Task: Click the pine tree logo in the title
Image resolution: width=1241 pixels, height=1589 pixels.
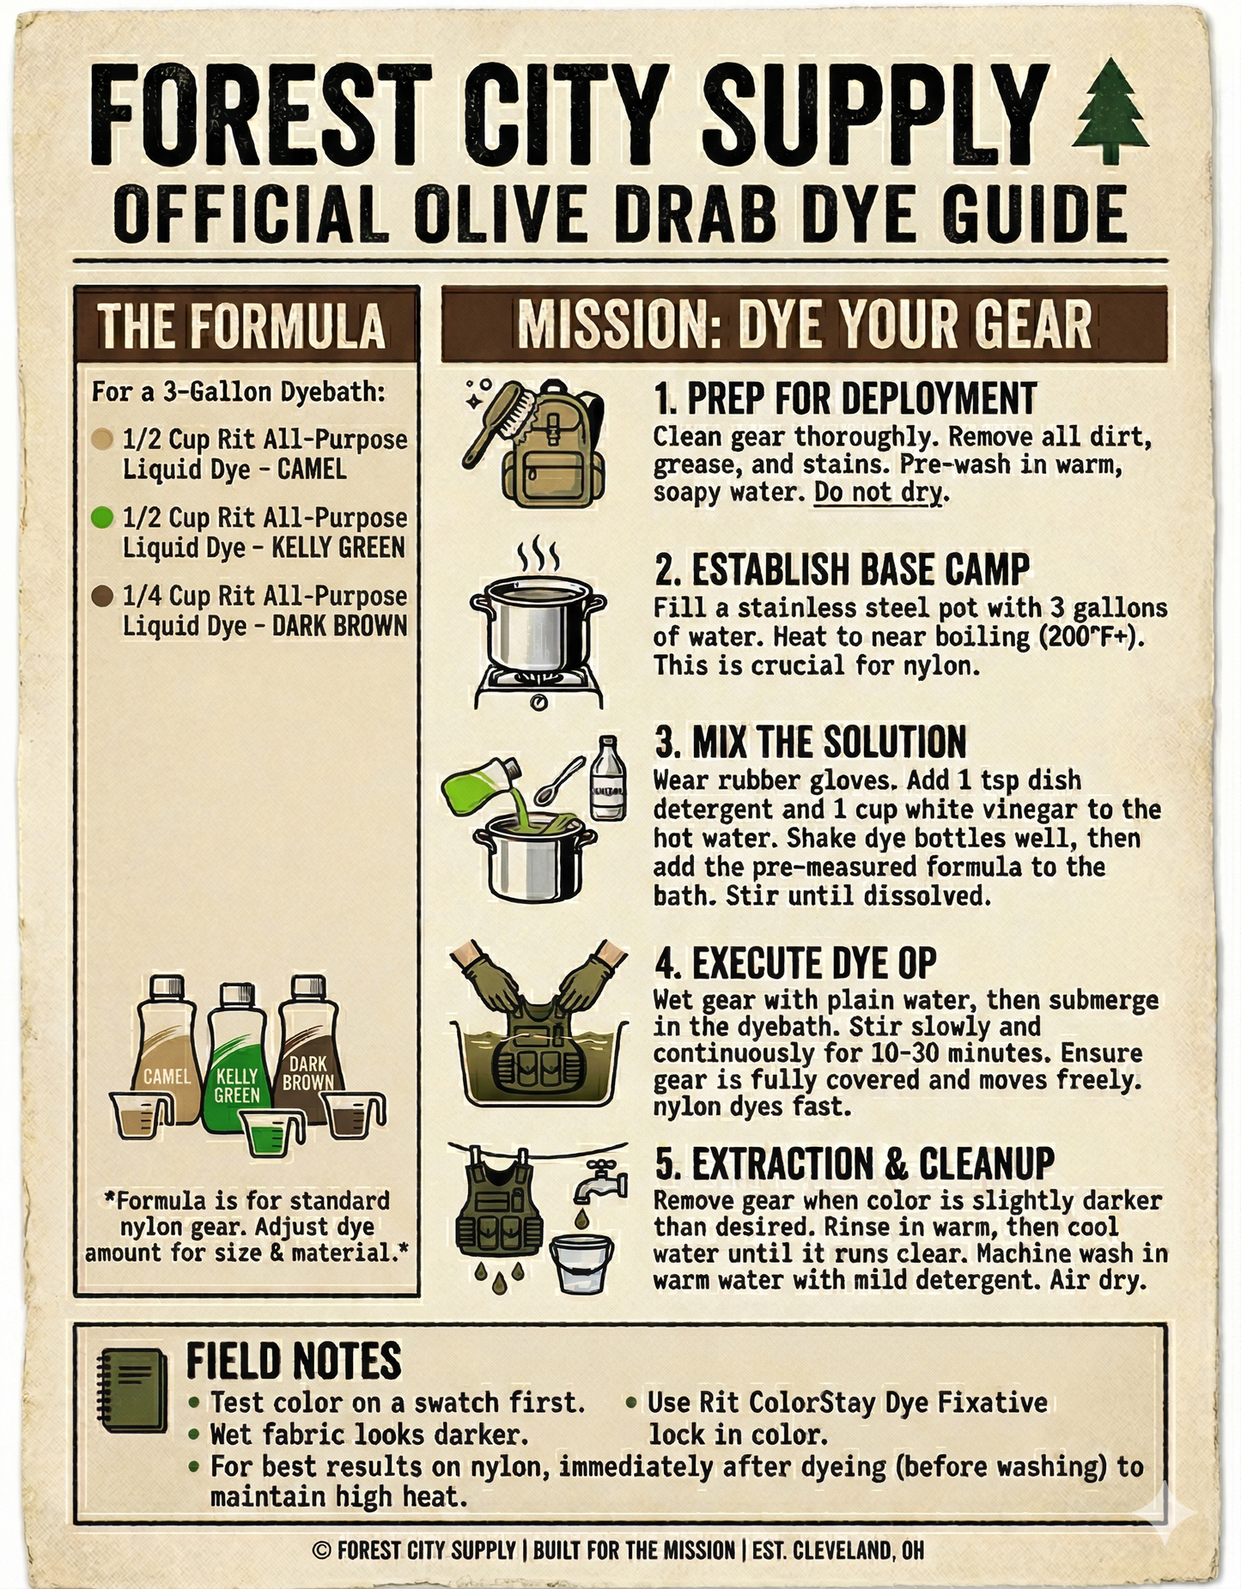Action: pos(1110,110)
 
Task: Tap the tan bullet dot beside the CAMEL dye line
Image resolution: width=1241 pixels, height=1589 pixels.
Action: pos(102,440)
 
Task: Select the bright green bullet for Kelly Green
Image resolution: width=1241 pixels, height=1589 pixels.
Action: pos(102,518)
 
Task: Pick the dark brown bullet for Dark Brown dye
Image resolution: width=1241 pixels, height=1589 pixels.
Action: pos(102,596)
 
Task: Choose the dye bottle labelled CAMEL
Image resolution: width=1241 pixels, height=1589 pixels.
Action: pos(167,1052)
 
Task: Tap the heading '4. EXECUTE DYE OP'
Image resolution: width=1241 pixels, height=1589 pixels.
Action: pos(795,963)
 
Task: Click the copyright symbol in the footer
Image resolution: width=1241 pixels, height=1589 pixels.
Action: pos(321,1550)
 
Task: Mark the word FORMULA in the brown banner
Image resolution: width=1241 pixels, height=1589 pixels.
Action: pos(287,326)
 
